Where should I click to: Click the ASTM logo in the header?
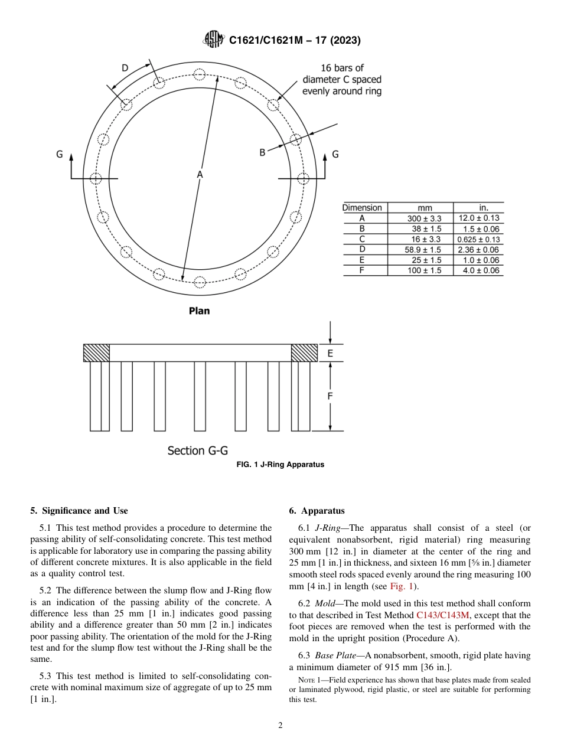(214, 40)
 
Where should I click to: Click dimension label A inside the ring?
(200, 174)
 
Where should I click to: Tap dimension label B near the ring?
(263, 152)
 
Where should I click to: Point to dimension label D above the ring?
(125, 68)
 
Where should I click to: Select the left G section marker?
(60, 154)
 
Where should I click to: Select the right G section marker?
(335, 154)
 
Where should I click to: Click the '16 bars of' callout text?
(342, 68)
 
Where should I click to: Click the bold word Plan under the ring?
(199, 311)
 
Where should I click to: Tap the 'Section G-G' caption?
(197, 450)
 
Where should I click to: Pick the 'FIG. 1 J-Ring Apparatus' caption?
(280, 465)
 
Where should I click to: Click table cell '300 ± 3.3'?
(424, 218)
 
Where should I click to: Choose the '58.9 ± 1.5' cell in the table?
(424, 250)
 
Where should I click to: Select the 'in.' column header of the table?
(484, 208)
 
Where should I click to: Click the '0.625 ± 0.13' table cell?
(478, 239)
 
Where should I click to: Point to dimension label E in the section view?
(330, 353)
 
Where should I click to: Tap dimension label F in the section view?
(330, 396)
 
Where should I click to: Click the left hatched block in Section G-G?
(96, 352)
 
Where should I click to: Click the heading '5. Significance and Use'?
(79, 511)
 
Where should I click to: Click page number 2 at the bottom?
(280, 726)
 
